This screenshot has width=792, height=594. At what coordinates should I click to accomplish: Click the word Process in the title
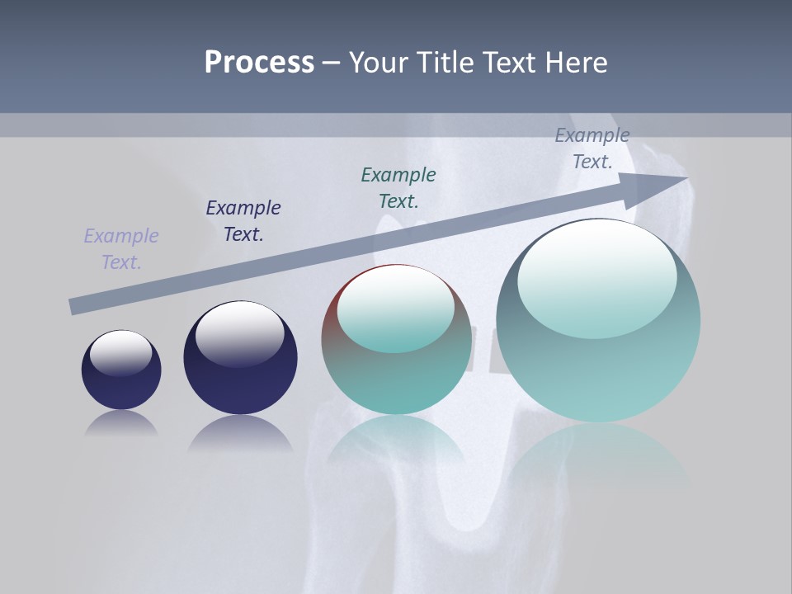(259, 63)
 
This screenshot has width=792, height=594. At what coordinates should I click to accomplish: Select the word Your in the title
(379, 63)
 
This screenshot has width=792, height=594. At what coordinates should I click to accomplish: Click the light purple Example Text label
(121, 248)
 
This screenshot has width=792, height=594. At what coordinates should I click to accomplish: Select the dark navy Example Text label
(243, 220)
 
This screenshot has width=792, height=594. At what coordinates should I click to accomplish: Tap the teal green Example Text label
(398, 187)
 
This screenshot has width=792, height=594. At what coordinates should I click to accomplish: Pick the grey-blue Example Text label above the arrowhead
(592, 148)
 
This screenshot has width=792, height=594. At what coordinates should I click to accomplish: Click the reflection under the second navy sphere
(240, 433)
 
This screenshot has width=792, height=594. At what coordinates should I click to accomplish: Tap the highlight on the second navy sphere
(239, 328)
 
